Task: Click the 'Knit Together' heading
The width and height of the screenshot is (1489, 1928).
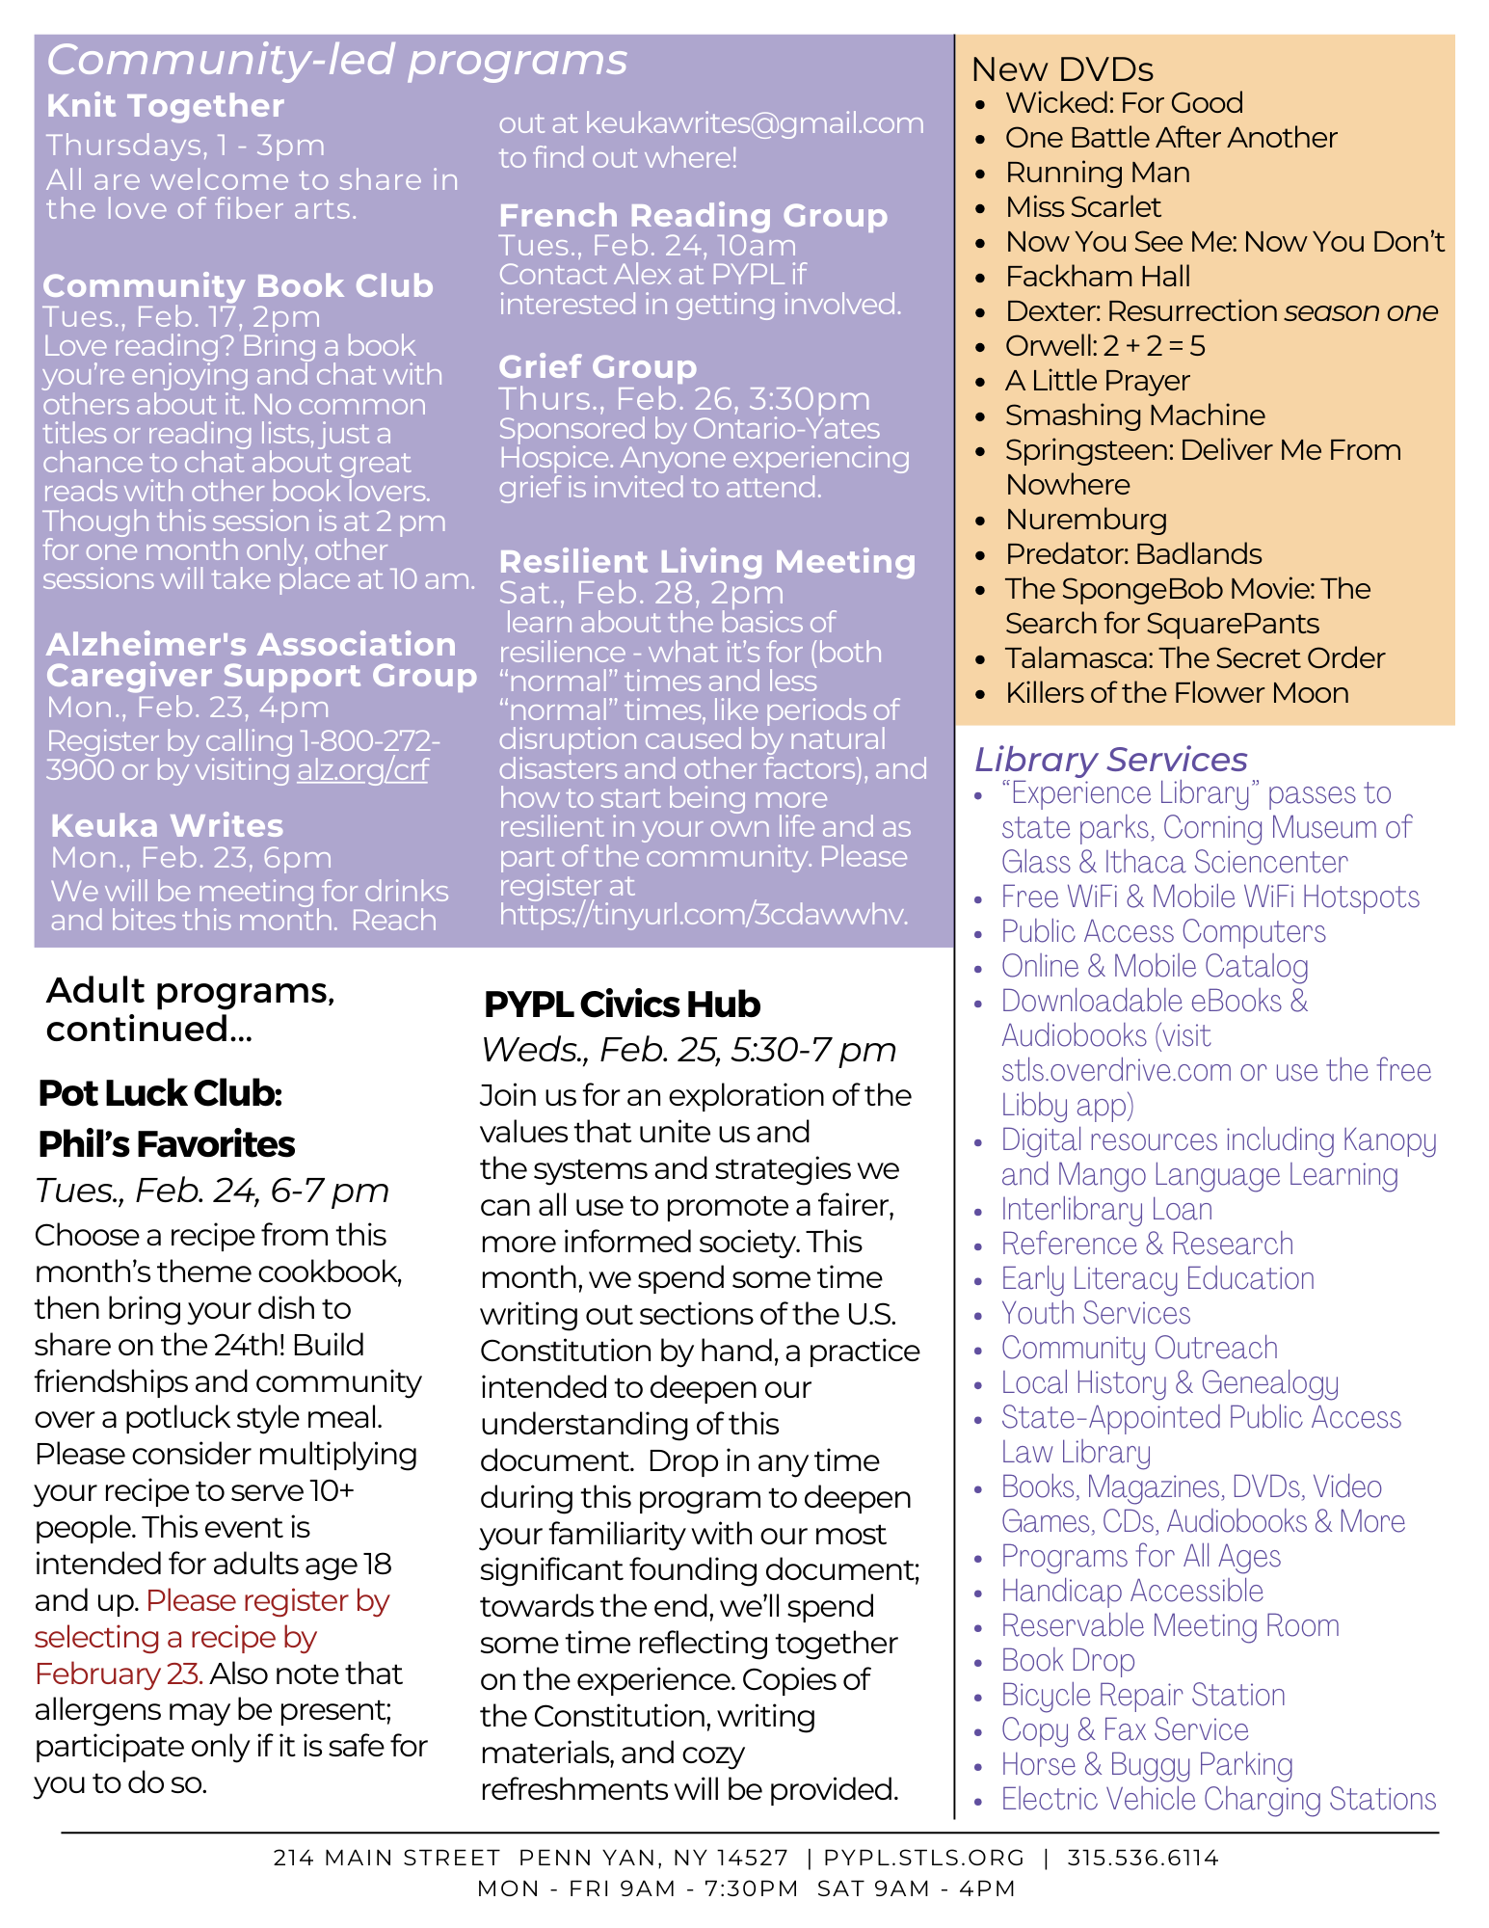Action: click(x=165, y=106)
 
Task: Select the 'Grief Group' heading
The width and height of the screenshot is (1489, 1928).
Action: click(x=598, y=367)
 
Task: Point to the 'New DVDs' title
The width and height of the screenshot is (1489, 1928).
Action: click(x=1061, y=69)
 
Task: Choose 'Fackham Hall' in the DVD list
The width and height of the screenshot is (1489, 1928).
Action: click(x=1098, y=277)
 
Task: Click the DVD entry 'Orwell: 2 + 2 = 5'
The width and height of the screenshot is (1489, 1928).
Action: click(x=1104, y=346)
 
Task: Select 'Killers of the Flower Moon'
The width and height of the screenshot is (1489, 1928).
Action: click(x=1176, y=693)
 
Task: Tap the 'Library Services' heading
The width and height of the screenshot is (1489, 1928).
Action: click(x=1110, y=760)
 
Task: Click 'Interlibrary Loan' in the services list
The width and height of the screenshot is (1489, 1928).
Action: click(x=1106, y=1210)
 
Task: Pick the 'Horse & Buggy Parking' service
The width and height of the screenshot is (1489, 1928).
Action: click(x=1147, y=1765)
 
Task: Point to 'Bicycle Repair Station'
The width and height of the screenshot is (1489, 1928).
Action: click(x=1143, y=1696)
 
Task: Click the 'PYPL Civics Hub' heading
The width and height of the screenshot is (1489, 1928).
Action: click(x=622, y=1004)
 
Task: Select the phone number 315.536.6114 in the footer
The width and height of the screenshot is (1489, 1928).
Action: click(x=1142, y=1858)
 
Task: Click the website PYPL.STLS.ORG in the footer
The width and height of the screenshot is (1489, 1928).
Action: click(x=924, y=1858)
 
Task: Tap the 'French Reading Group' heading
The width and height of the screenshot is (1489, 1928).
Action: click(x=693, y=216)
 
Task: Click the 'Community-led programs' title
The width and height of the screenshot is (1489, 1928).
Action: click(x=337, y=60)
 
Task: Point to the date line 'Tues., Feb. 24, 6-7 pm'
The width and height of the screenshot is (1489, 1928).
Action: click(x=212, y=1191)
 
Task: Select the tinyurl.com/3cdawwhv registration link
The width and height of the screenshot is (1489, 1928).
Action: click(x=704, y=915)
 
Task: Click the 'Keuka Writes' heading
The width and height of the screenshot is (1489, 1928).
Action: click(x=167, y=826)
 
